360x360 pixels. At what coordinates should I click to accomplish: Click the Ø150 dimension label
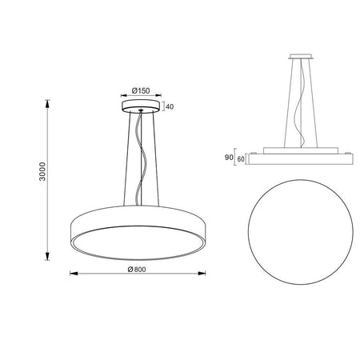pos(141,90)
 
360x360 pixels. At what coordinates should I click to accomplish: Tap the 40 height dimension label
pos(170,106)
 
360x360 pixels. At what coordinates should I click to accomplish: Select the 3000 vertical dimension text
pos(42,171)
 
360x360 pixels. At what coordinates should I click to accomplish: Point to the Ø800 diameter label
pos(137,270)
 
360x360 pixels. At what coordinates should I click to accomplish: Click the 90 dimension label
pos(229,158)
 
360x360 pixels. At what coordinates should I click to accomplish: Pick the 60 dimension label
pos(241,159)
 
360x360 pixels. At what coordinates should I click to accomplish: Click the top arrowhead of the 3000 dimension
pos(47,104)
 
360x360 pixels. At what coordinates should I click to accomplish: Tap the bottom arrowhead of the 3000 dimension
pos(47,256)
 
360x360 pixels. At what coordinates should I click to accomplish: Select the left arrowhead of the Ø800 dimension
pos(74,274)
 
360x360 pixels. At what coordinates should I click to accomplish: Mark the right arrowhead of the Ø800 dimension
pos(202,273)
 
